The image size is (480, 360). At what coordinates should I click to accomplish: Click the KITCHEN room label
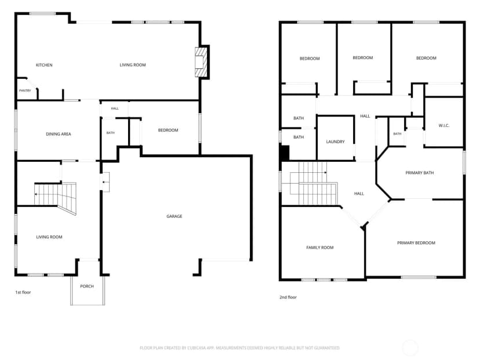tap(44, 65)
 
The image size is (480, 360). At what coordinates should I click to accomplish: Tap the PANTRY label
tap(25, 90)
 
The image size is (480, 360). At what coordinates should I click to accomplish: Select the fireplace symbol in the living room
tap(201, 62)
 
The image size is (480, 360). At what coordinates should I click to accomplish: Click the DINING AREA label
tap(59, 134)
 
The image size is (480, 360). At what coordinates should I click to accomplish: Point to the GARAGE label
tap(174, 216)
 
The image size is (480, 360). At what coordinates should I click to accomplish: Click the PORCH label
tap(87, 286)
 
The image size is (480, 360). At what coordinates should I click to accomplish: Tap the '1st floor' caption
tap(23, 292)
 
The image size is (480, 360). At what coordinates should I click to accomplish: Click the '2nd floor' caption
tap(288, 297)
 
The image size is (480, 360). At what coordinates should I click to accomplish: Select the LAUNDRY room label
tap(335, 141)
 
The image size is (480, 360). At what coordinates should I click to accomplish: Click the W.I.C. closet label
tap(444, 126)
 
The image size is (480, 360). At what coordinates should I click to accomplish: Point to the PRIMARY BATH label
tap(419, 173)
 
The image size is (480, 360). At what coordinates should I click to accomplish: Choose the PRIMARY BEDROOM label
tap(416, 243)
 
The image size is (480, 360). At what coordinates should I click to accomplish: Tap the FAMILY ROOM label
tap(320, 248)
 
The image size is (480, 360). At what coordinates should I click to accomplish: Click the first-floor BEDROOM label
tap(168, 130)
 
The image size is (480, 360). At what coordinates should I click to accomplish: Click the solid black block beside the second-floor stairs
tap(285, 153)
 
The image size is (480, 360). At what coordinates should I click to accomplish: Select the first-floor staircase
tap(55, 196)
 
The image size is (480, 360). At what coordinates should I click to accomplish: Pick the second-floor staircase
tap(314, 184)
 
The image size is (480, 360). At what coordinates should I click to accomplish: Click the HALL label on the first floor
tap(115, 108)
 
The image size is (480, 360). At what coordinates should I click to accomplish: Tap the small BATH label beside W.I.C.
tap(397, 134)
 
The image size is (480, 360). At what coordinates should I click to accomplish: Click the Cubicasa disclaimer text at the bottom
tap(239, 348)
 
